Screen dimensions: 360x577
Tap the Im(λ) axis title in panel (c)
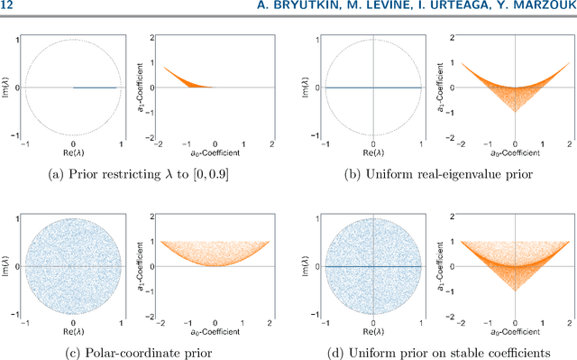click(x=7, y=268)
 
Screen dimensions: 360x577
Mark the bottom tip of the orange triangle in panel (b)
click(x=514, y=135)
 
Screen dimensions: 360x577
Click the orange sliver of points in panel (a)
click(x=185, y=80)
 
